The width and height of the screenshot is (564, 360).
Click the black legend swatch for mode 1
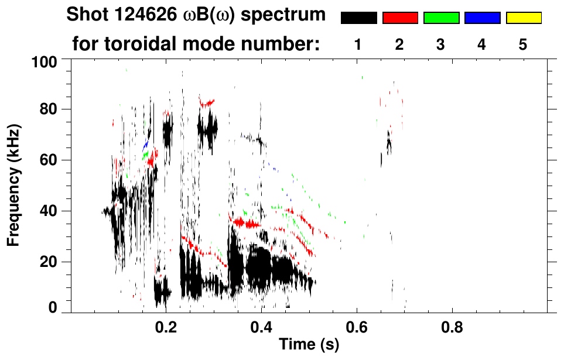tap(358, 18)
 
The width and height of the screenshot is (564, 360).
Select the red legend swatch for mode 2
tap(400, 18)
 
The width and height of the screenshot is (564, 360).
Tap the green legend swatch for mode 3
tap(441, 18)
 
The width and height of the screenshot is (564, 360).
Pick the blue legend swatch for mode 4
tap(482, 18)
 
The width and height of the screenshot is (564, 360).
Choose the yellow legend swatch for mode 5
tap(523, 18)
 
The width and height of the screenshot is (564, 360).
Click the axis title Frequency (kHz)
tap(14, 185)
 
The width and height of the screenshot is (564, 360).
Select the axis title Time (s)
tap(308, 345)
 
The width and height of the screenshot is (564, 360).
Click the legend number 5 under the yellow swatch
tap(523, 44)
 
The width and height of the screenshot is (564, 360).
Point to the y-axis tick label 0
tap(53, 308)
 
